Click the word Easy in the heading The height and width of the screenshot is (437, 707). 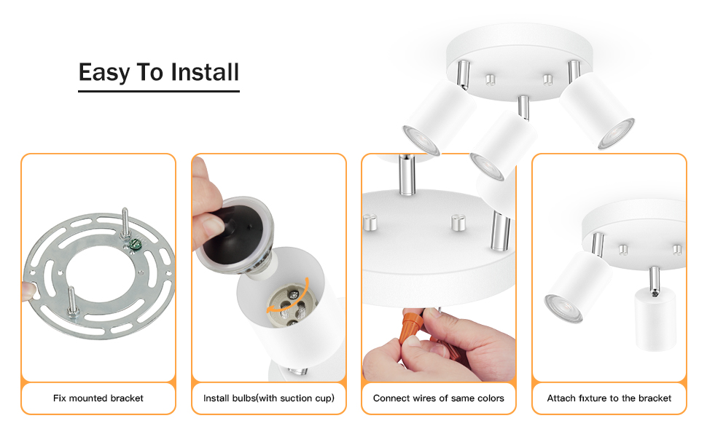(x=104, y=72)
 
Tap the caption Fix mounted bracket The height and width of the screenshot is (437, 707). (x=98, y=398)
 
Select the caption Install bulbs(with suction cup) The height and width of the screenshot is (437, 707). (x=269, y=398)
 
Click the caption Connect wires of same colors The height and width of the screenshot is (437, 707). (x=438, y=398)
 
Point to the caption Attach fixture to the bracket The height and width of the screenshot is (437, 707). (x=609, y=398)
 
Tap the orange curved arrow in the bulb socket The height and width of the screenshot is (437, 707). (x=289, y=297)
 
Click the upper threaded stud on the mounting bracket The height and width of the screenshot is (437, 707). (x=125, y=222)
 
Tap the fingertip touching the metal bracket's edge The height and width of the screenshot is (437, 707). (x=29, y=291)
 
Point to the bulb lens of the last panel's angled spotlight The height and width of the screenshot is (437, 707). (x=563, y=309)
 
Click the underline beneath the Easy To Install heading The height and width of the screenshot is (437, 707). (x=159, y=91)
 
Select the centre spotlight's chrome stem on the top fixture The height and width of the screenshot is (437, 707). (x=523, y=107)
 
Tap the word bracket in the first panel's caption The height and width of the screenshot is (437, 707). (x=127, y=398)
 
